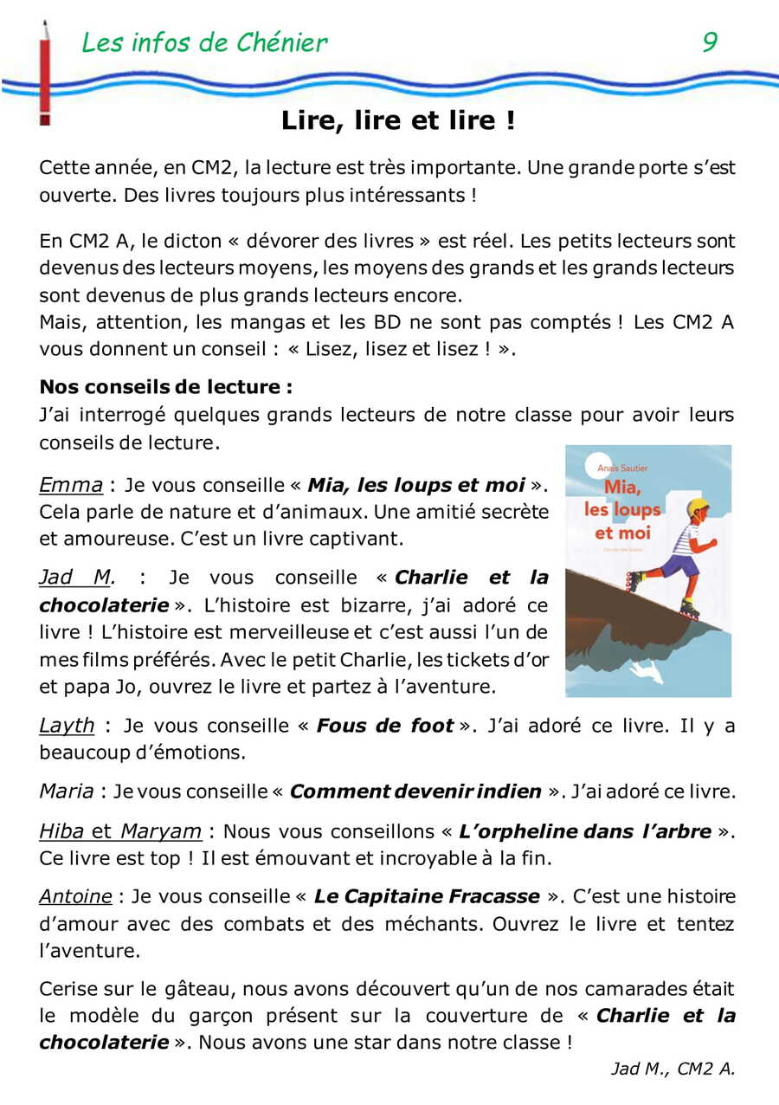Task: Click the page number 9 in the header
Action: pyautogui.click(x=709, y=42)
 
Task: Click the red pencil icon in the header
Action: pyautogui.click(x=44, y=74)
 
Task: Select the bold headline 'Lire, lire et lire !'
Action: pyautogui.click(x=397, y=121)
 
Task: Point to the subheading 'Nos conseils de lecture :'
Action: pyautogui.click(x=166, y=386)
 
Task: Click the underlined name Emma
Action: pyautogui.click(x=71, y=484)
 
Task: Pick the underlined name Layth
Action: pyautogui.click(x=67, y=725)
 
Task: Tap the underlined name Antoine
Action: pyautogui.click(x=75, y=895)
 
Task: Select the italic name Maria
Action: pyautogui.click(x=67, y=791)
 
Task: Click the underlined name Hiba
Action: pyautogui.click(x=61, y=831)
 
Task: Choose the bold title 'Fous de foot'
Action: pyautogui.click(x=385, y=725)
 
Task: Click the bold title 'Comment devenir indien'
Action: pyautogui.click(x=415, y=791)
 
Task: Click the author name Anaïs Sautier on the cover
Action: pyautogui.click(x=622, y=468)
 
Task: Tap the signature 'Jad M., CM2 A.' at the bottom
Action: pyautogui.click(x=673, y=1069)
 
